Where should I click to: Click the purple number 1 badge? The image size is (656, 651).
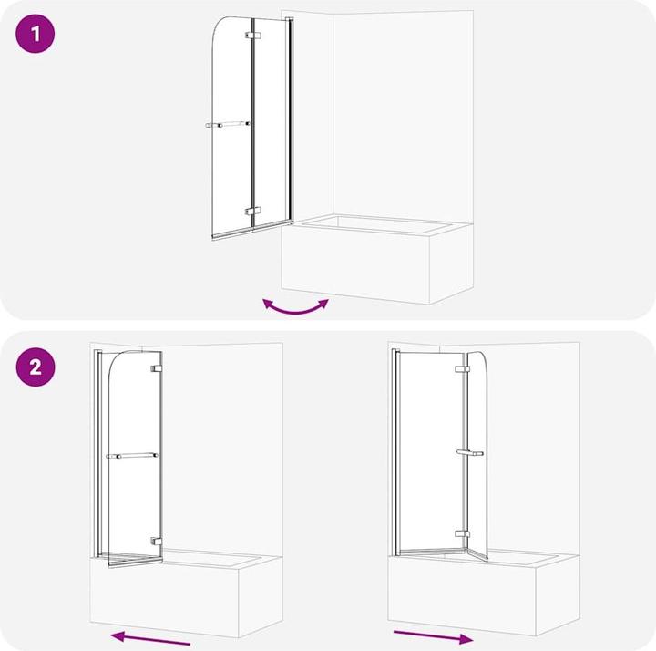click(36, 36)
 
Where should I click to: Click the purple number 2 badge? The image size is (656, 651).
click(36, 367)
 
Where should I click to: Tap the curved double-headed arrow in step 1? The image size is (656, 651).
click(295, 306)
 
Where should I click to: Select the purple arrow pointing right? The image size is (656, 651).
click(433, 635)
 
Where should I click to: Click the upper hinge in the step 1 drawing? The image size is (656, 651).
click(252, 36)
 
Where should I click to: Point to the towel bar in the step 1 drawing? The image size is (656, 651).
click(227, 124)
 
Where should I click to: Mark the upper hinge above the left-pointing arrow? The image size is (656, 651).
click(157, 368)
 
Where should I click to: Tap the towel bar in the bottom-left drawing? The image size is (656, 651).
click(131, 455)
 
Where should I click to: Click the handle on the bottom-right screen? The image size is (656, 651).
click(469, 452)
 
